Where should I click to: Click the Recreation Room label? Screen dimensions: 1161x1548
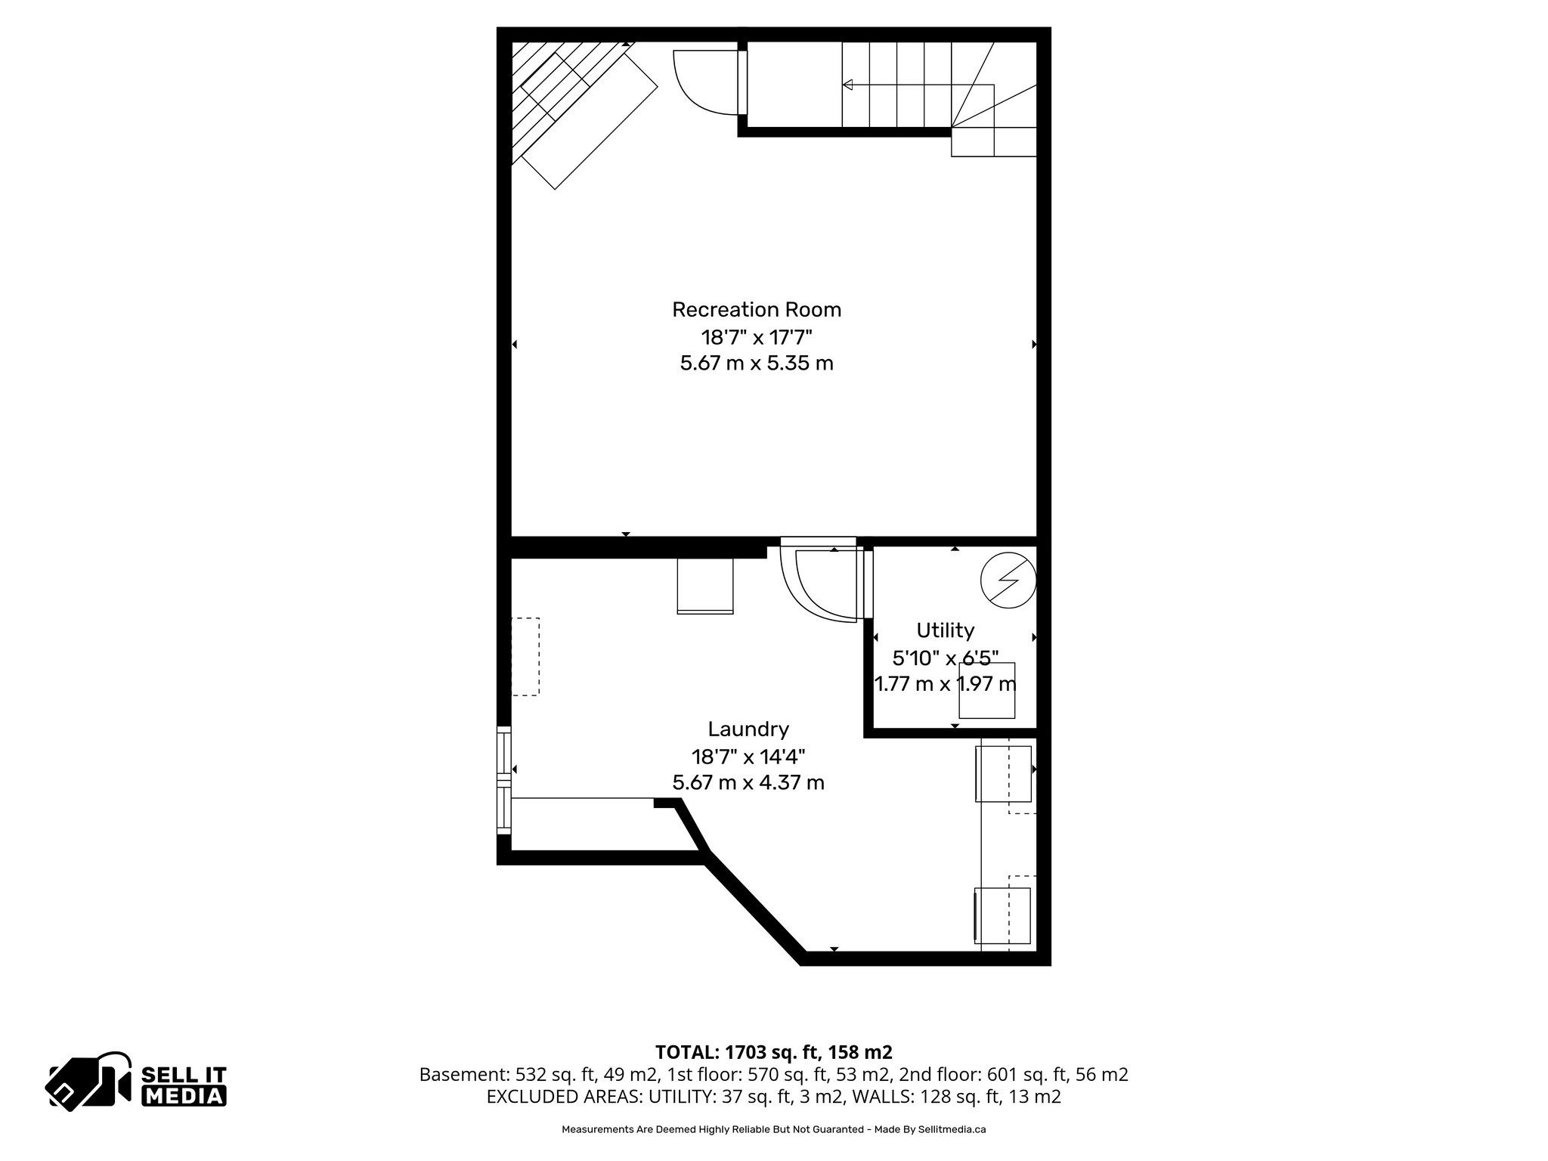tap(756, 310)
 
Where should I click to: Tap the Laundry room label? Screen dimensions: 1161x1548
tap(748, 729)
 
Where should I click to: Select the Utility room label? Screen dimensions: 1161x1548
tap(945, 630)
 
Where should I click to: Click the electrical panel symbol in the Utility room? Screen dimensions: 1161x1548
tap(1008, 582)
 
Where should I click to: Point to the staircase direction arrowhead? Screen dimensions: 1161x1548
tap(848, 85)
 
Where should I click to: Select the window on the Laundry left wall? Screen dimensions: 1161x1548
tap(503, 780)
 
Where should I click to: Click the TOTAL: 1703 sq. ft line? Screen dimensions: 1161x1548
tap(773, 1052)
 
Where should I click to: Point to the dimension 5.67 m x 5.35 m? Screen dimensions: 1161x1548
tap(756, 364)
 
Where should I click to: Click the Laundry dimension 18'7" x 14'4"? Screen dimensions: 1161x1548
tap(748, 756)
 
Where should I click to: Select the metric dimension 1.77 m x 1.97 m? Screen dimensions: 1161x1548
tap(945, 684)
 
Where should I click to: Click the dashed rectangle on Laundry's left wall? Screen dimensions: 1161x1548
tap(525, 656)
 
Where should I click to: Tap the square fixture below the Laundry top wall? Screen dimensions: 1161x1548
tap(705, 586)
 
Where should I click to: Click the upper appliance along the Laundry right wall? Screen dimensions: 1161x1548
tap(1003, 773)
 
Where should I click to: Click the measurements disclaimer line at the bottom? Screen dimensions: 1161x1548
tap(773, 1129)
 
